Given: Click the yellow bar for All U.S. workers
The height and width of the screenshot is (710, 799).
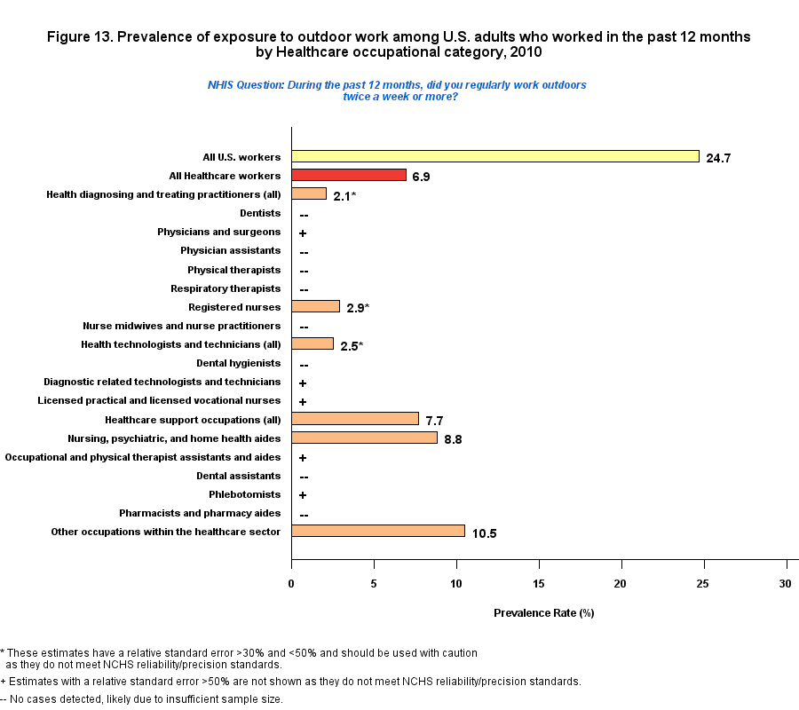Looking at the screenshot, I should point(495,156).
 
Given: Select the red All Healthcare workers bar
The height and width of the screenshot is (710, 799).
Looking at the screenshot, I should point(349,175).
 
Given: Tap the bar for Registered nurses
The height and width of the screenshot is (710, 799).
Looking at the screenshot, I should point(316,306).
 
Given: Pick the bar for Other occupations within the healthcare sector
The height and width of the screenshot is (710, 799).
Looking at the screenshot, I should point(378,531).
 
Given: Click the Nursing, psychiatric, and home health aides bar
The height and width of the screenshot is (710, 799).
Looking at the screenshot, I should point(365,438).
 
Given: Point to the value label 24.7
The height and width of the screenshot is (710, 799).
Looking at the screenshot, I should point(717,159).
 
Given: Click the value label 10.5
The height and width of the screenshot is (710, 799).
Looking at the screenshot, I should point(484,533).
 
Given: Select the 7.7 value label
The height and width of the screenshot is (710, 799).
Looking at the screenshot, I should point(434,421).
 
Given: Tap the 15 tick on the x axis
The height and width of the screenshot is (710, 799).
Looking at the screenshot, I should point(539,583).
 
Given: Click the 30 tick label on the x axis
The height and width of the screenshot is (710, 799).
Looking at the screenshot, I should point(785,583).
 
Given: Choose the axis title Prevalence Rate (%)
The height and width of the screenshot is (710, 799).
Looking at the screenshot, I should point(543,613).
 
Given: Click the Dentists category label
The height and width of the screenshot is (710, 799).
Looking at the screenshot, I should point(260,213).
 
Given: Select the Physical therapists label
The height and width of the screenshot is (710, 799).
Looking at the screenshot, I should point(233,270).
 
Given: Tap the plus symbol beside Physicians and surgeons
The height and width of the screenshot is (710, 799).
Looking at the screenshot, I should point(303,233).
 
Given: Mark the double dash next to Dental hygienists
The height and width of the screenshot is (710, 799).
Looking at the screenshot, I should point(304,365).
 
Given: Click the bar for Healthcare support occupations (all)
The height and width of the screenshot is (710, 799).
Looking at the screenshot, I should point(355,419).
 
